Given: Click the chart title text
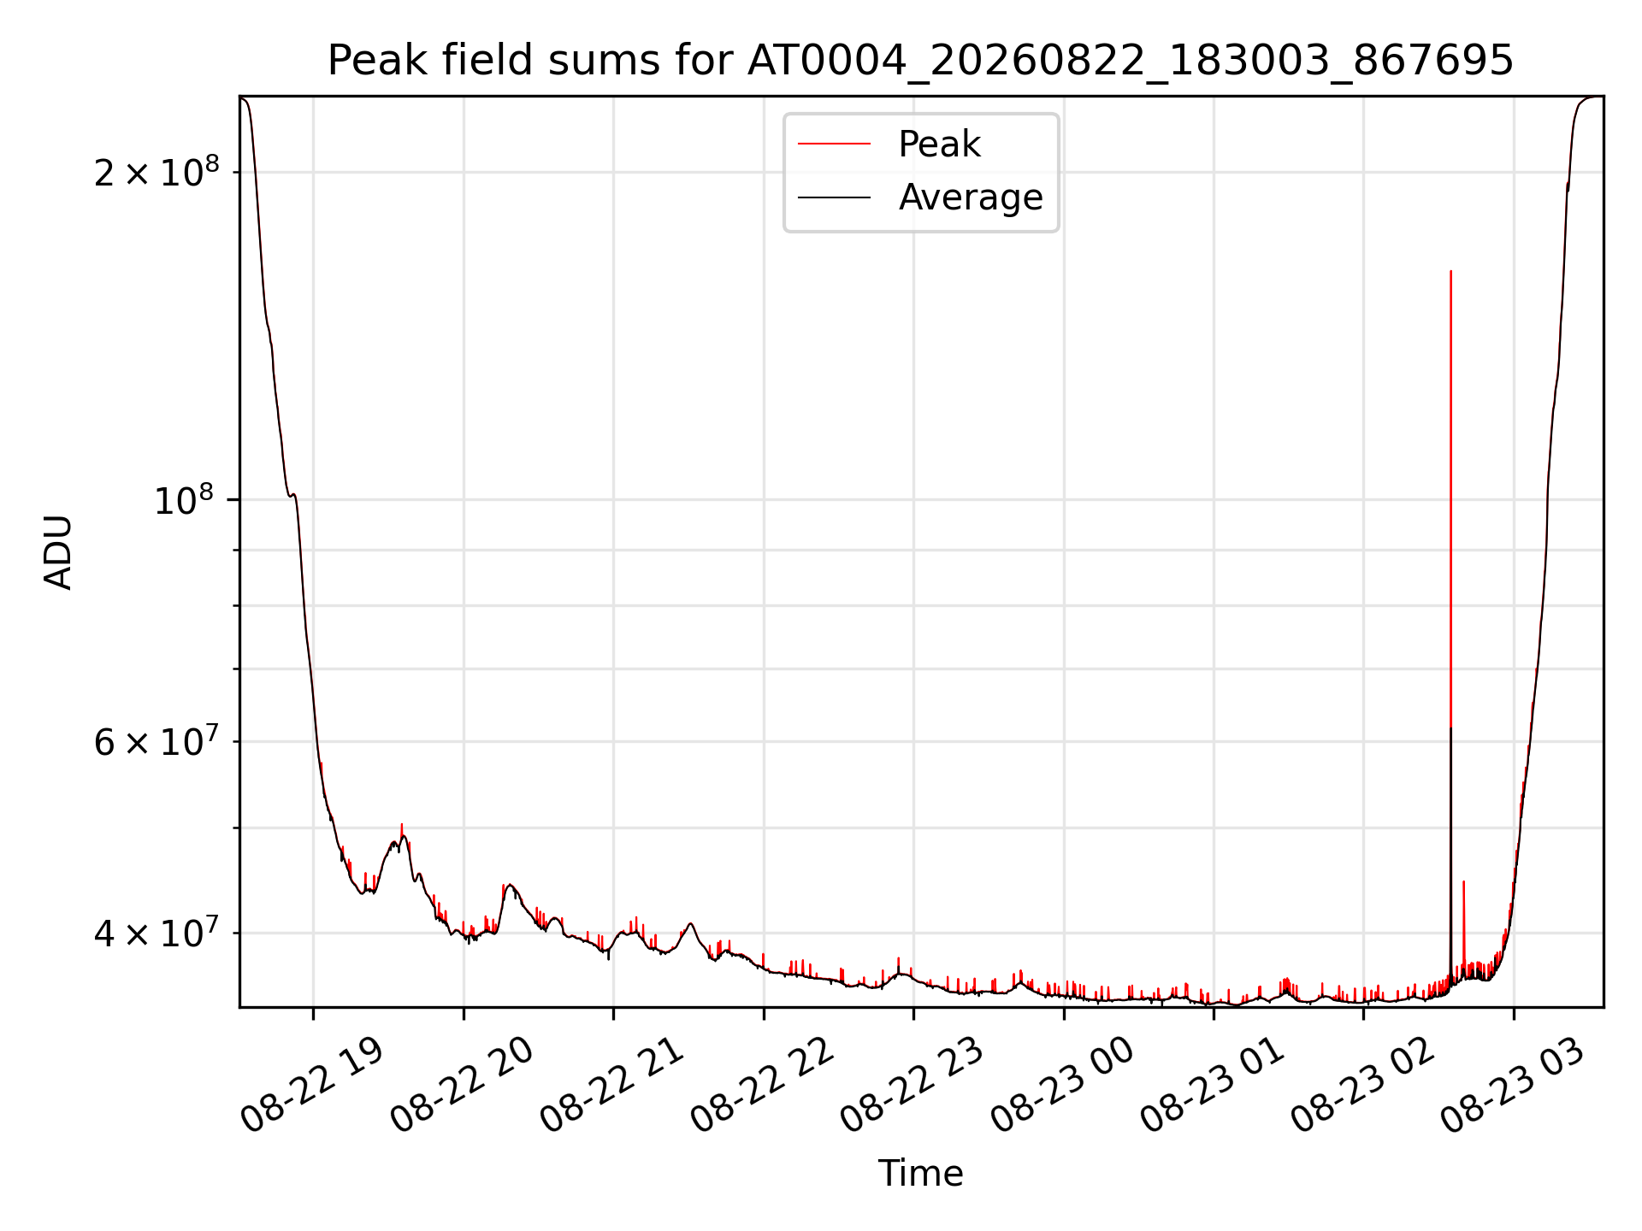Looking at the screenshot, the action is point(920,61).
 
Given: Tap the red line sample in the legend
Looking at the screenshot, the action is point(834,144).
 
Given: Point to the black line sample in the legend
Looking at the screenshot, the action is point(834,197).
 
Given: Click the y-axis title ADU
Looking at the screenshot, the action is point(58,552).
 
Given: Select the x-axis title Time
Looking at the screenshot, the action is point(920,1174).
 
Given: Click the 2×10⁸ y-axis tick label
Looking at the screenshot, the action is point(157,172).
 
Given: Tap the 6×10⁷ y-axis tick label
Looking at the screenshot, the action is point(157,741).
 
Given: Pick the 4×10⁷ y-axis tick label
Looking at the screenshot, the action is point(157,933).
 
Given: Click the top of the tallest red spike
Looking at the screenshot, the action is point(1450,271).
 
